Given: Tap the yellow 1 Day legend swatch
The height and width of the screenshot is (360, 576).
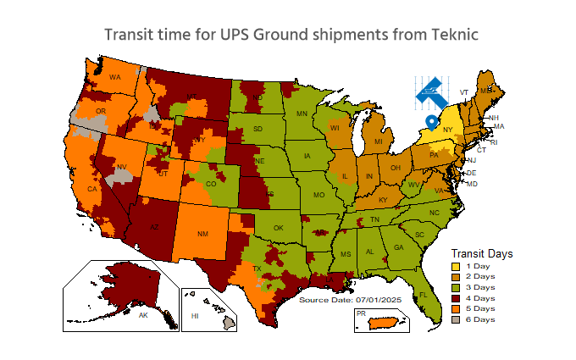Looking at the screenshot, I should click(455, 266).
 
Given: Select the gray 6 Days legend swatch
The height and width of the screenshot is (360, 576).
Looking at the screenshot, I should click(455, 319).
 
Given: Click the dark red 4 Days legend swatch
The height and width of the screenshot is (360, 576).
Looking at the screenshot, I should click(455, 298).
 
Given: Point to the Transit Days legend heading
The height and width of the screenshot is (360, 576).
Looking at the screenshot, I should click(482, 253).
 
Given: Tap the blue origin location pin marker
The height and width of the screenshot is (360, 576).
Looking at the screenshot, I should click(433, 122).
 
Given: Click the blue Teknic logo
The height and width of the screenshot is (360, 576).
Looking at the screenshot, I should click(431, 92).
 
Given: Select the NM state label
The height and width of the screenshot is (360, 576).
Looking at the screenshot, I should click(202, 232).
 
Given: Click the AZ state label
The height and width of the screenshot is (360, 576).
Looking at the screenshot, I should click(154, 227).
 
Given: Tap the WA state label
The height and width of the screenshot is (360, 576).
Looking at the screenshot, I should click(115, 77).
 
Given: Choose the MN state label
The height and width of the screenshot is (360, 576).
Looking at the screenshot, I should click(302, 114).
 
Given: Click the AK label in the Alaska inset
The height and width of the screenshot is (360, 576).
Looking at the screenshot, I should click(143, 315).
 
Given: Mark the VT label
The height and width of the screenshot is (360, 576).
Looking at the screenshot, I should click(463, 91).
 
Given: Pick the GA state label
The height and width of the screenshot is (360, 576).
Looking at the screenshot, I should click(397, 247).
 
